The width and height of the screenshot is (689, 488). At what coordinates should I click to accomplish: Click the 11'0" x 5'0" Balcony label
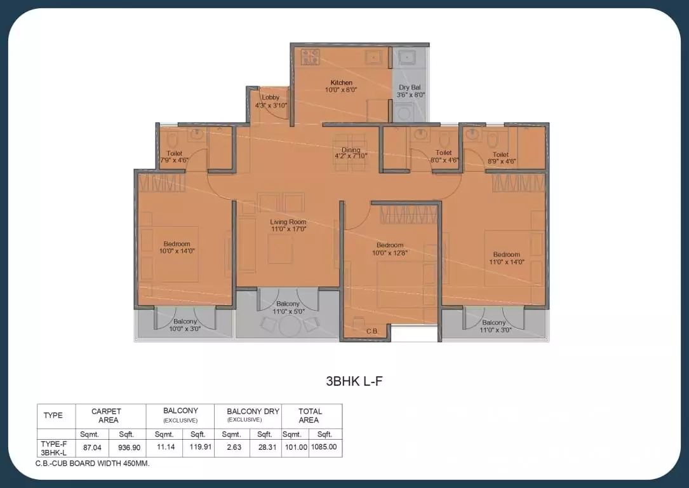(x=288, y=308)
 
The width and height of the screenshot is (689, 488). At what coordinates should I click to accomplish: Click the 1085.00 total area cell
(x=325, y=447)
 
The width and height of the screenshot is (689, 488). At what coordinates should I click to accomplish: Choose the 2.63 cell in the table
(x=231, y=447)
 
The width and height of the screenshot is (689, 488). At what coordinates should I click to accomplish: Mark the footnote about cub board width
(x=92, y=464)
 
